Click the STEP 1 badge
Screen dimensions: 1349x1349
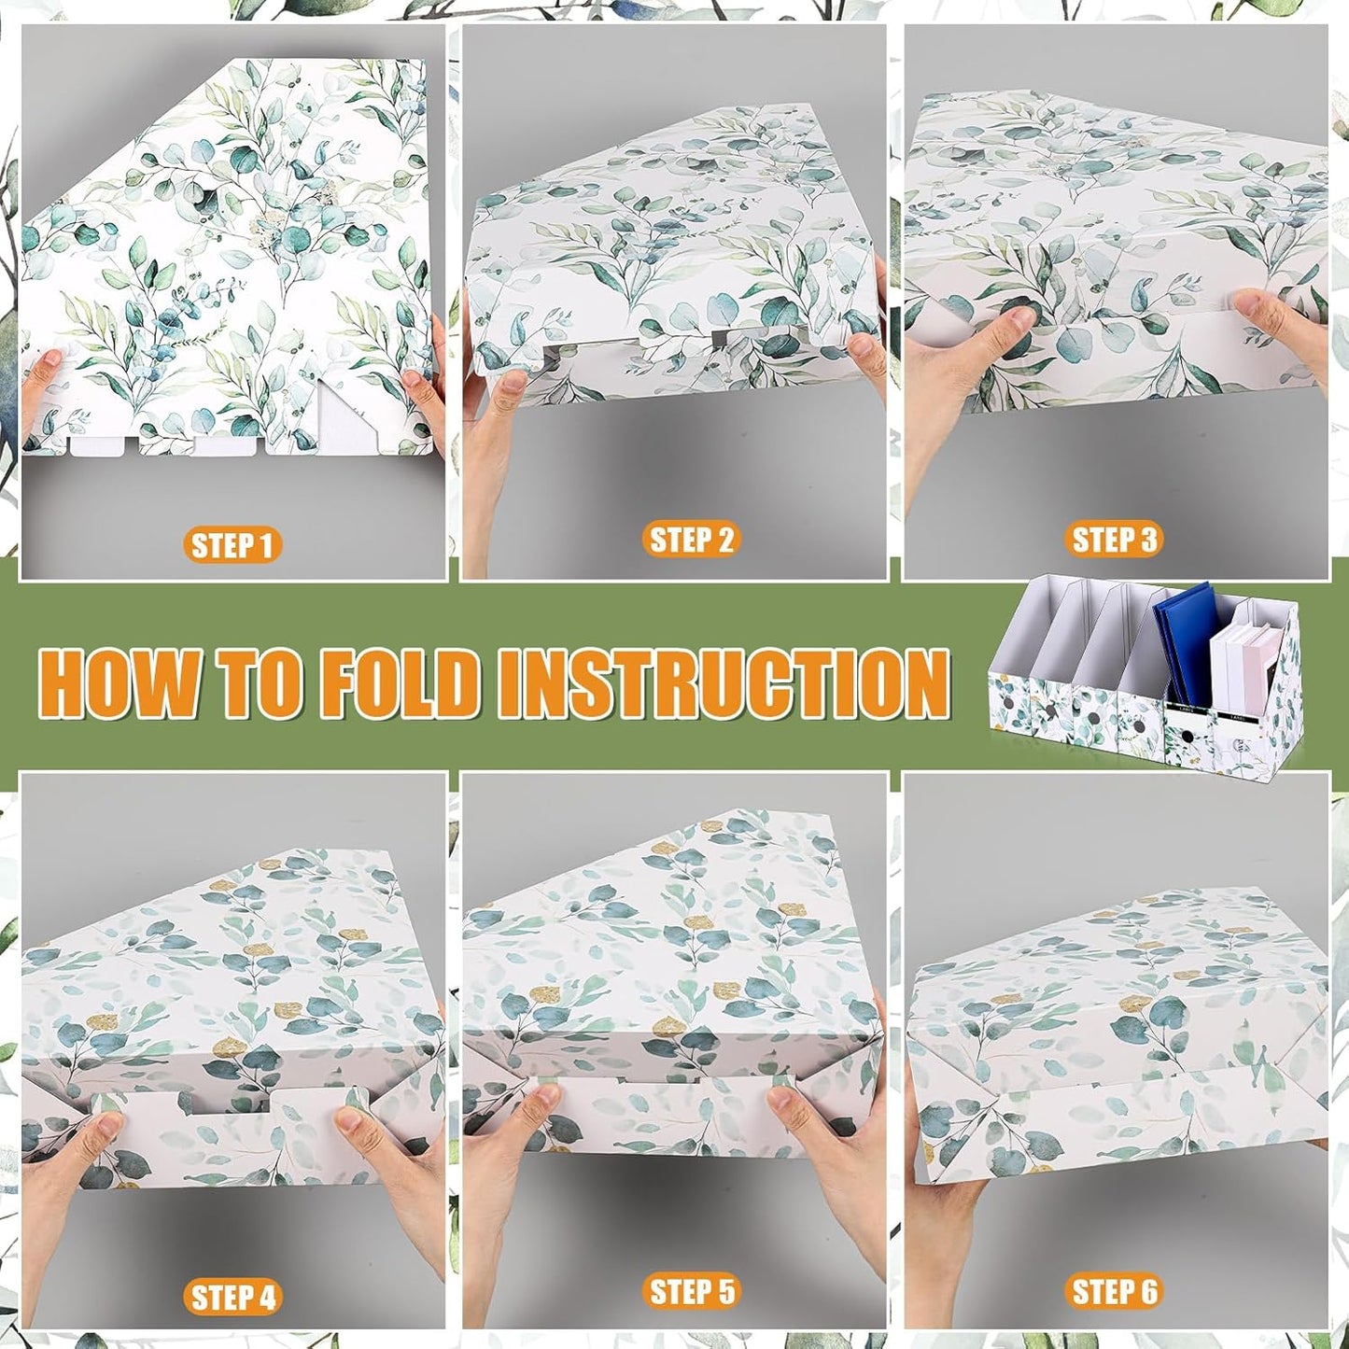point(232,545)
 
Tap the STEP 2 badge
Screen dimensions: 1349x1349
point(691,540)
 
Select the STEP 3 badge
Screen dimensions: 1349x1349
point(1114,540)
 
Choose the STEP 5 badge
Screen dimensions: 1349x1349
point(691,1292)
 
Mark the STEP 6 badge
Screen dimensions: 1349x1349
point(1114,1292)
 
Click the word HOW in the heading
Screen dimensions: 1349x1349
point(119,683)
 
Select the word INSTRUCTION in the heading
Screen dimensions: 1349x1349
point(724,683)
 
